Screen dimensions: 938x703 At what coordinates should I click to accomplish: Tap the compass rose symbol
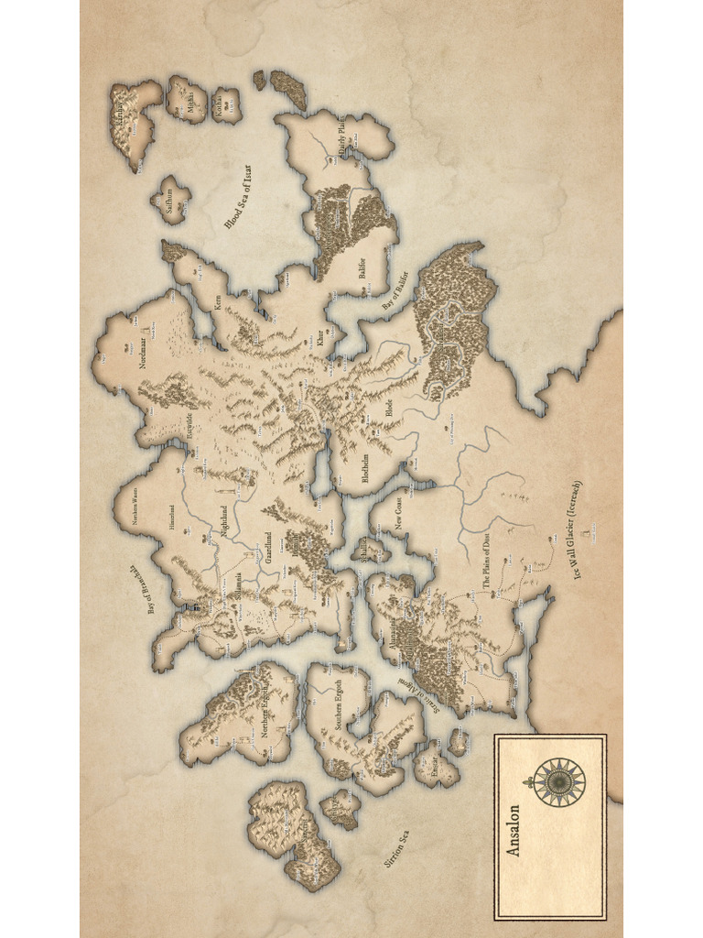coord(559,781)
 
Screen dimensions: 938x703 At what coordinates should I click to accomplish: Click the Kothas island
coord(225,106)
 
